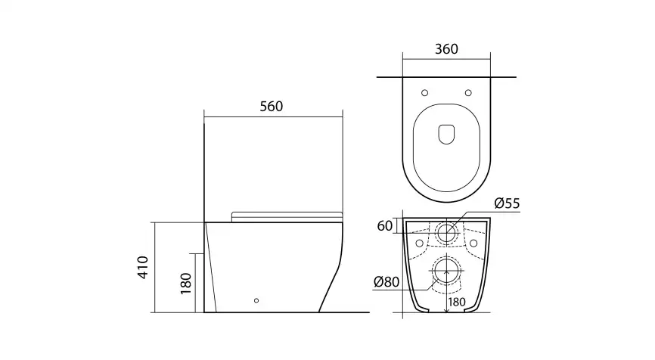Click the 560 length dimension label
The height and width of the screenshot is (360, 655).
[x=271, y=107]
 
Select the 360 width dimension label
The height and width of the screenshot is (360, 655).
[x=446, y=50]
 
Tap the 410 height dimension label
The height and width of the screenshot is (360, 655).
[x=144, y=267]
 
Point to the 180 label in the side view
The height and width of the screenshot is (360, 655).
[x=186, y=283]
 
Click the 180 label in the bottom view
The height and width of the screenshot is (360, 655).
[x=456, y=303]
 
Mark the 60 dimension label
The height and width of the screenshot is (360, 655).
[x=384, y=225]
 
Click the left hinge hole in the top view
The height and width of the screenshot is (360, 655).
[x=424, y=93]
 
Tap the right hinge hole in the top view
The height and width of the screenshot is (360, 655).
[x=469, y=93]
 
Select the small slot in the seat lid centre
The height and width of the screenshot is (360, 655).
[x=446, y=133]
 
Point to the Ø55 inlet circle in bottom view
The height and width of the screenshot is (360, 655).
[x=446, y=231]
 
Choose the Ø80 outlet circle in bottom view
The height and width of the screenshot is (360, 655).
[x=446, y=272]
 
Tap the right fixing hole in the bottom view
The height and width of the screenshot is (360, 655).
[x=474, y=244]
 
